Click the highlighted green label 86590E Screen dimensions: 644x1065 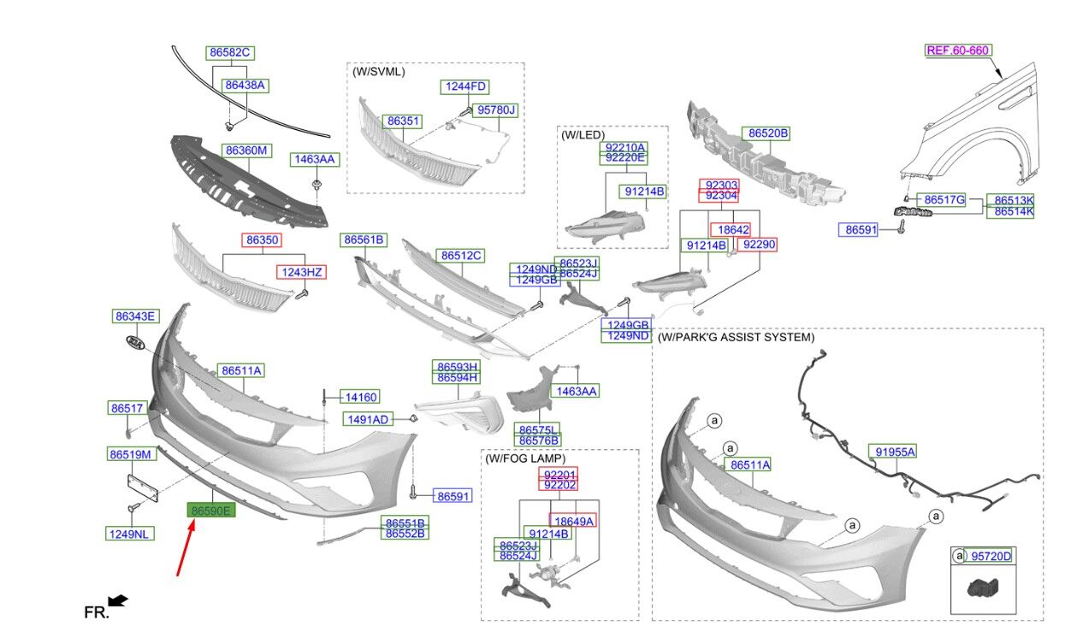pyautogui.click(x=210, y=511)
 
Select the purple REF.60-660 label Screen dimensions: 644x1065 pyautogui.click(x=957, y=50)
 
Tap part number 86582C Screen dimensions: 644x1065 pyautogui.click(x=229, y=53)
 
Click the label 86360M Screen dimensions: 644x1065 pyautogui.click(x=246, y=151)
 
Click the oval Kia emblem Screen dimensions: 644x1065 pyautogui.click(x=135, y=341)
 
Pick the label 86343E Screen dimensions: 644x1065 pyautogui.click(x=135, y=316)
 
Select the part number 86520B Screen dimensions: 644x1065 pyautogui.click(x=768, y=133)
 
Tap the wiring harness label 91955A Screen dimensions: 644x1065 pyautogui.click(x=892, y=452)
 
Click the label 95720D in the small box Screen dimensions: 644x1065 pyautogui.click(x=991, y=557)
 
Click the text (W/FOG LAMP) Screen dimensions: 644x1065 pyautogui.click(x=525, y=458)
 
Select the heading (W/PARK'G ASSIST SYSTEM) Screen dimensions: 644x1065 pyautogui.click(x=736, y=338)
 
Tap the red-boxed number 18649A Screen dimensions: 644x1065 pyautogui.click(x=572, y=520)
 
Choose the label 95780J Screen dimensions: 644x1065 pyautogui.click(x=497, y=110)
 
